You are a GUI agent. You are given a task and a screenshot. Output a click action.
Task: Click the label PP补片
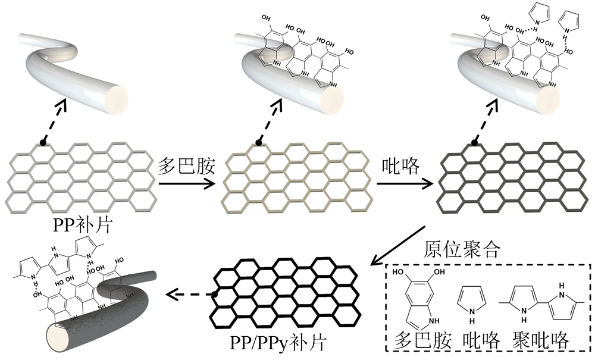[x=80, y=226]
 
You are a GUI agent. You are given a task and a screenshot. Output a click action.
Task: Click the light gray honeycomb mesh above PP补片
[x=80, y=179]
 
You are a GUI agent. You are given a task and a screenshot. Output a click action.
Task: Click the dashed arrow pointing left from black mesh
[x=189, y=293]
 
